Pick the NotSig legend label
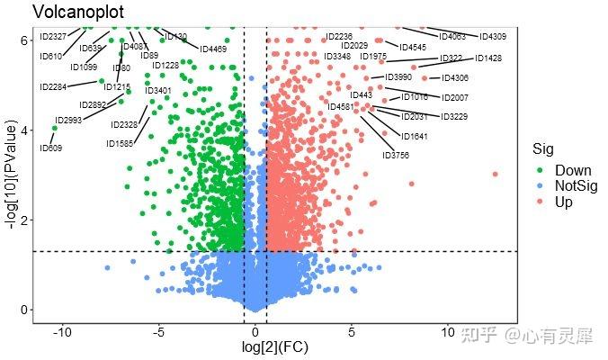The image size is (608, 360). pyautogui.click(x=576, y=186)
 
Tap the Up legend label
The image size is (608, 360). pyautogui.click(x=564, y=202)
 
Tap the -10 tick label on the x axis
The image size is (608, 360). pyautogui.click(x=62, y=333)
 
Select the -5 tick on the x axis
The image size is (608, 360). pyautogui.click(x=158, y=333)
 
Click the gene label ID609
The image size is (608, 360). pyautogui.click(x=50, y=148)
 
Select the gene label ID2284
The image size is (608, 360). pyautogui.click(x=53, y=87)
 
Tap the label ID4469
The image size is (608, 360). pyautogui.click(x=213, y=49)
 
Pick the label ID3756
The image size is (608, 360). pyautogui.click(x=396, y=156)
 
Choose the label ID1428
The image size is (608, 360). pyautogui.click(x=489, y=58)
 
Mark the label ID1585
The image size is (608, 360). pyautogui.click(x=120, y=144)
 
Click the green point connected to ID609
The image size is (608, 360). pyautogui.click(x=54, y=128)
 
